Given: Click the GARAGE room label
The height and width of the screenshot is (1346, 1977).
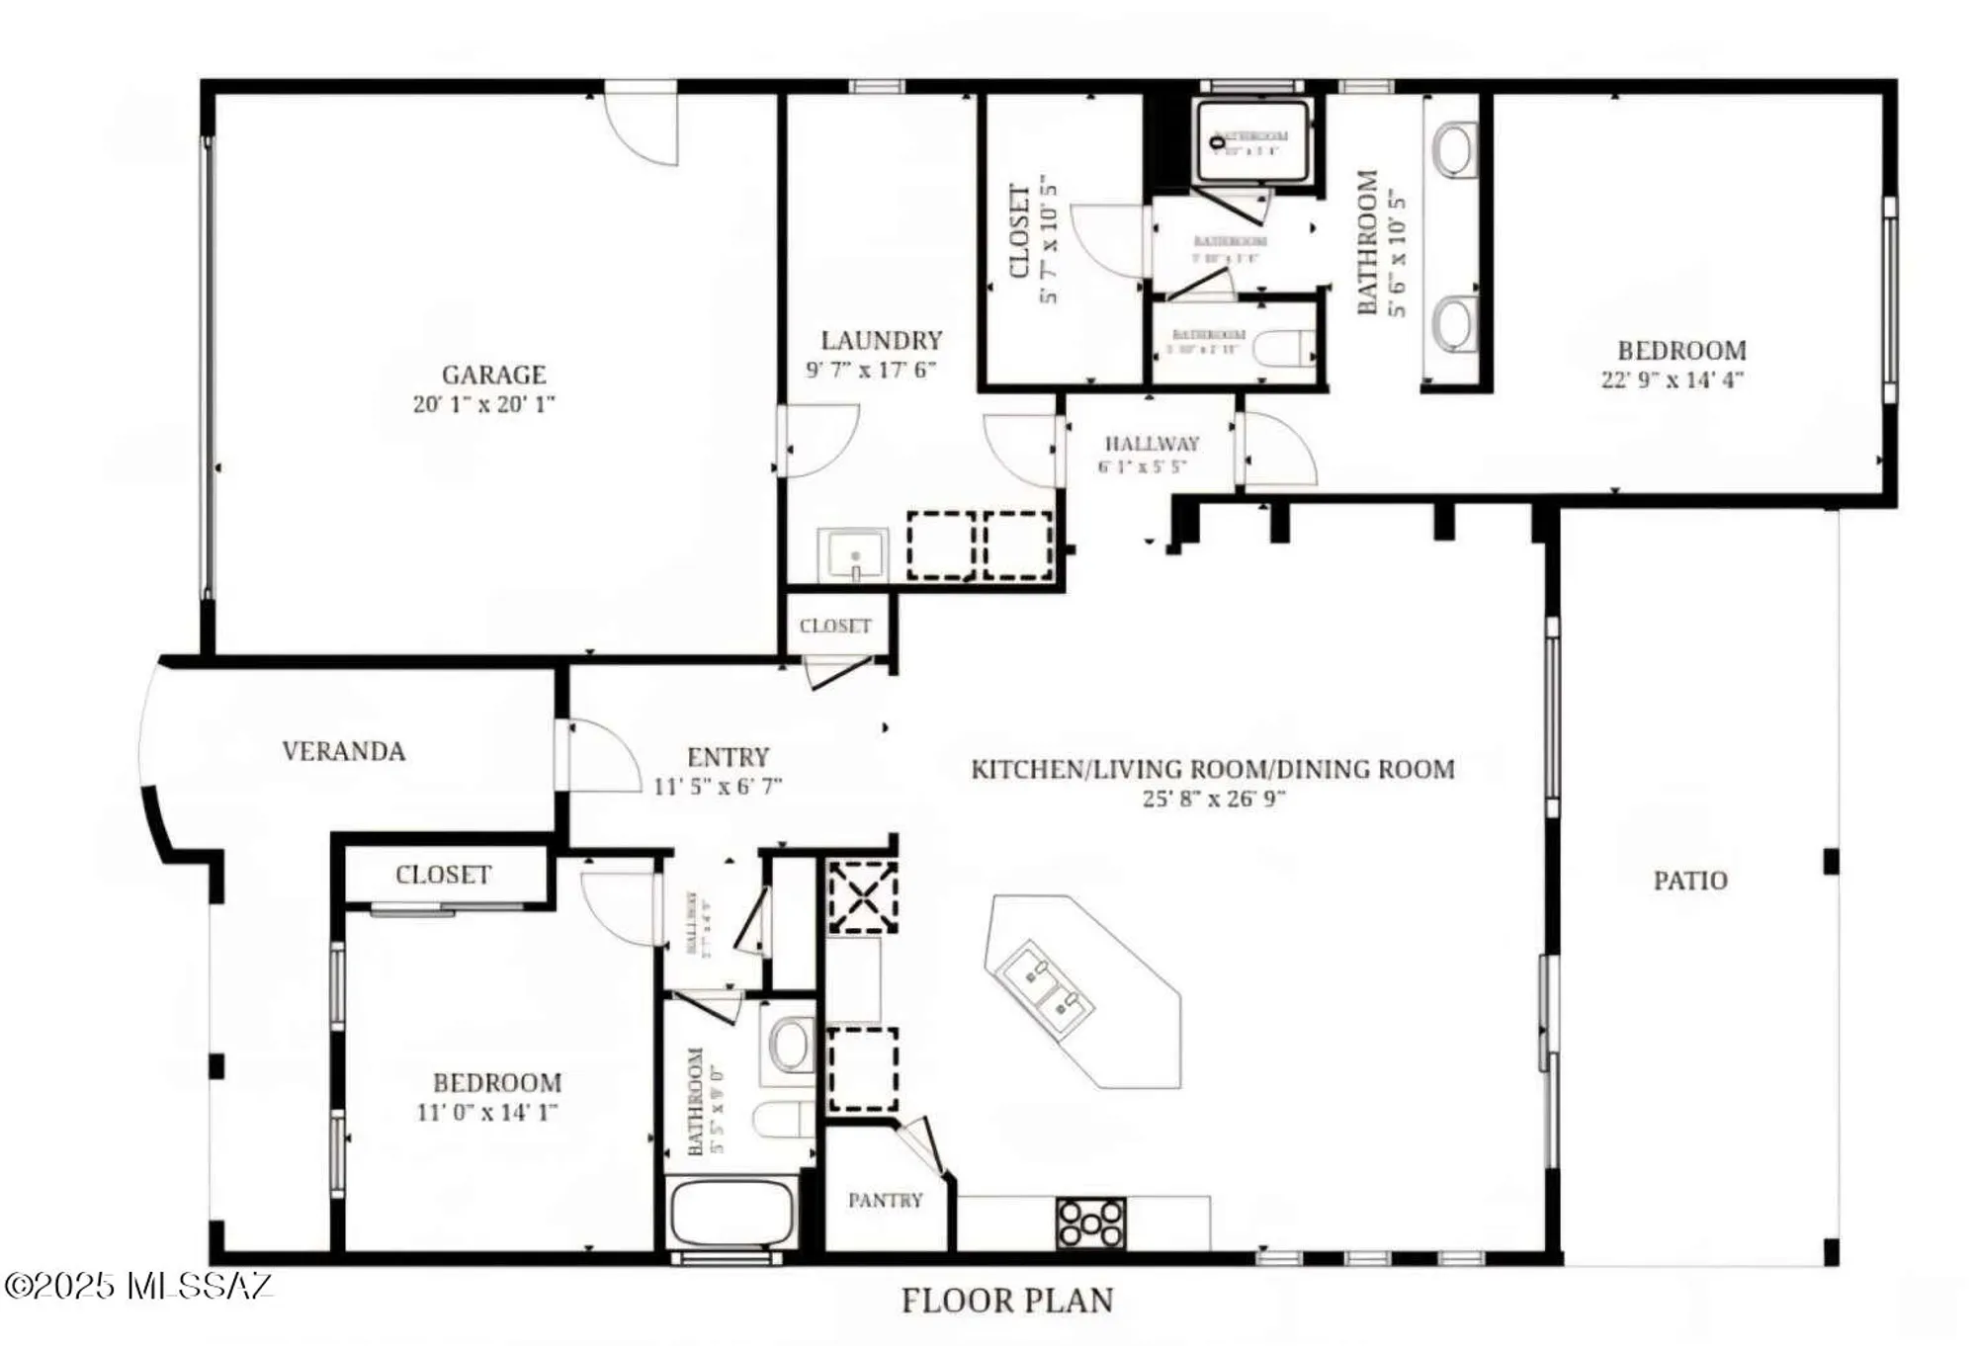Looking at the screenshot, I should [x=493, y=375].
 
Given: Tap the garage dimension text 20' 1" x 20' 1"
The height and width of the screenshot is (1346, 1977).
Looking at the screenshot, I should [x=483, y=404].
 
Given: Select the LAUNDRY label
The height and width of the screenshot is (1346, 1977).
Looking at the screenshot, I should [x=881, y=340].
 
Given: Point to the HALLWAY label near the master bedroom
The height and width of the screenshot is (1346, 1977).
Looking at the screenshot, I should [x=1152, y=444].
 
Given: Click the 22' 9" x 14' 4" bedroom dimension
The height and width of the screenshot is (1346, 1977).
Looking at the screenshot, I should [x=1672, y=380].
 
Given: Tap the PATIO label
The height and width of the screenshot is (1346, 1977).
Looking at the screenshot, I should [x=1690, y=881].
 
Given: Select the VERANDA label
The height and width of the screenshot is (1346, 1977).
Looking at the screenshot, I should [x=343, y=751].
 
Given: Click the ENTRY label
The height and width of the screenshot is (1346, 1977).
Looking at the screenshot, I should [x=728, y=757].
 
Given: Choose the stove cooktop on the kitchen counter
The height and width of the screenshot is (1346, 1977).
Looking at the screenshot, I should [x=1090, y=1223].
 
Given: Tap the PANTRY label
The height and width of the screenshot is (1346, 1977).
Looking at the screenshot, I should [x=885, y=1200].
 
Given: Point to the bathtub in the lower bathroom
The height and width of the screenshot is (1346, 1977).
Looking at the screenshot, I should [x=732, y=1213].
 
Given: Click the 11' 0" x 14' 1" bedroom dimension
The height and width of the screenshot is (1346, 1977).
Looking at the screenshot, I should [x=486, y=1113].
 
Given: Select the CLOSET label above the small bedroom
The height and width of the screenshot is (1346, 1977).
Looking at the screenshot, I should [x=443, y=875].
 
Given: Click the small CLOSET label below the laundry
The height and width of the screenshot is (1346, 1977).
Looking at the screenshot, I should [x=835, y=626].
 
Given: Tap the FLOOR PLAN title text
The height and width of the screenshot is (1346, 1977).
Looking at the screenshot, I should [x=1007, y=1301].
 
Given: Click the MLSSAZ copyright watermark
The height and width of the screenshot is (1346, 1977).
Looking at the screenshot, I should [x=138, y=1286].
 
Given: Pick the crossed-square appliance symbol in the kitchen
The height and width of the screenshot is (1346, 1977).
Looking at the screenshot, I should [x=862, y=896].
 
